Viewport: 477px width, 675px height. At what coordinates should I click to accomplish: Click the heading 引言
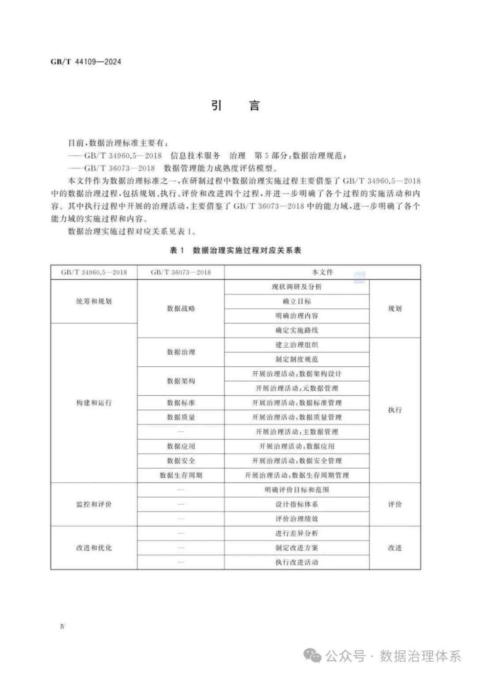[235, 106]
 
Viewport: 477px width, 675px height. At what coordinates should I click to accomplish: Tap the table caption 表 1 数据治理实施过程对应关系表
[235, 250]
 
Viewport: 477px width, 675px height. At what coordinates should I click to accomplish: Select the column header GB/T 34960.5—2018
[94, 273]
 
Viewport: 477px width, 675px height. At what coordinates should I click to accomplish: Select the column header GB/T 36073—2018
[181, 273]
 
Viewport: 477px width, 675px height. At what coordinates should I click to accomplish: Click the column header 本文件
[322, 273]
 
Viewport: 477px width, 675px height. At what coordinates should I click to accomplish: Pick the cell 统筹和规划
[94, 301]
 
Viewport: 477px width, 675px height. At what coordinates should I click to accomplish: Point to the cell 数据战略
[181, 308]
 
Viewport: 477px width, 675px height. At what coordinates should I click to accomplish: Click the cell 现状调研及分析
[296, 287]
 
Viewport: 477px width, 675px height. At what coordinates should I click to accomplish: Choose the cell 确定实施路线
[296, 330]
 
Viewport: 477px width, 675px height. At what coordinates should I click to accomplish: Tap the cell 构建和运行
[94, 402]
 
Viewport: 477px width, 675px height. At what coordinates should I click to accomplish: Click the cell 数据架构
[181, 381]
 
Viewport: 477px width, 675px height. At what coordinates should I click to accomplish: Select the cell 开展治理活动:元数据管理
[296, 388]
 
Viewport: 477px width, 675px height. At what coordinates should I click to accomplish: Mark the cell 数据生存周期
[181, 475]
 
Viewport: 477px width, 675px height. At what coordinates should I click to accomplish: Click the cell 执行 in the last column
[395, 410]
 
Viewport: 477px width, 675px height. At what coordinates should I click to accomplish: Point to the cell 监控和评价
[94, 504]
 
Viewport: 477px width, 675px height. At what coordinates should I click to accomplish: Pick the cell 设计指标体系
[296, 504]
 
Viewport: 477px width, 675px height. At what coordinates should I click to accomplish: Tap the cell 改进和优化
[94, 547]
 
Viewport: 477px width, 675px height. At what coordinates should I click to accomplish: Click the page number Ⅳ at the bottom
[62, 627]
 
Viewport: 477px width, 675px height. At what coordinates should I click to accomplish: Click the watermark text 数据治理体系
[420, 656]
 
